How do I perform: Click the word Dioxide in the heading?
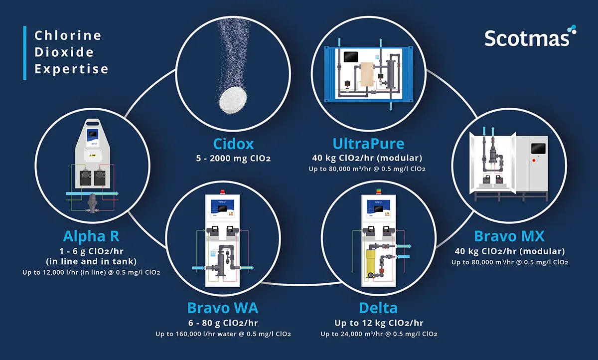[64, 52]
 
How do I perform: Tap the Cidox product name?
[233, 144]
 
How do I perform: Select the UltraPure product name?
[368, 144]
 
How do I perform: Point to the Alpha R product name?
[91, 236]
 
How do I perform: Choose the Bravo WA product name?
[223, 308]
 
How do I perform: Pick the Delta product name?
[378, 308]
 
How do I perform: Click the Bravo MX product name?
[509, 236]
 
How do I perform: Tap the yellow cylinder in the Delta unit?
[370, 264]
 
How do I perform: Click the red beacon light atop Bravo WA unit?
[222, 191]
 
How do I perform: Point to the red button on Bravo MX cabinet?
[534, 161]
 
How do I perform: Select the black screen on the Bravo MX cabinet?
[538, 149]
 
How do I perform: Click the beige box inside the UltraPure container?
[367, 74]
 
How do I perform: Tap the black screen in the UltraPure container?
[351, 57]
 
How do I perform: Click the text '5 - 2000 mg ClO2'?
[233, 159]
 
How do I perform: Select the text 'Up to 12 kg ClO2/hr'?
[379, 323]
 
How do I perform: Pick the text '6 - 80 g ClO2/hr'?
[223, 323]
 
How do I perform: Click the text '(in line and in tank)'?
[91, 261]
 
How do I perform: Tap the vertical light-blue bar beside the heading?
[25, 53]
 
